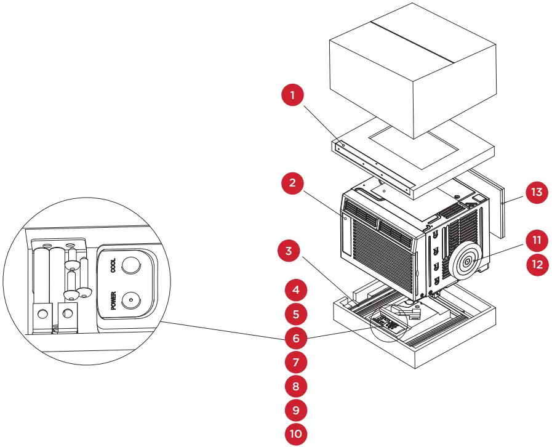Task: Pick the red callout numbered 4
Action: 295,289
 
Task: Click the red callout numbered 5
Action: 295,313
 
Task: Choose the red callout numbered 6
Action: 295,337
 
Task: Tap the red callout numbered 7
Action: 295,361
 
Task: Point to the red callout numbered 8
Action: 295,385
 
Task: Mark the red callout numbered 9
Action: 295,409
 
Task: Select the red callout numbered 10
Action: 295,433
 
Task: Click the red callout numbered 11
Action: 537,240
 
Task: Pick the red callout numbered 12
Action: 537,265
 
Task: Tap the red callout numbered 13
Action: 537,192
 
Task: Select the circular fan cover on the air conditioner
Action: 467,261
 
